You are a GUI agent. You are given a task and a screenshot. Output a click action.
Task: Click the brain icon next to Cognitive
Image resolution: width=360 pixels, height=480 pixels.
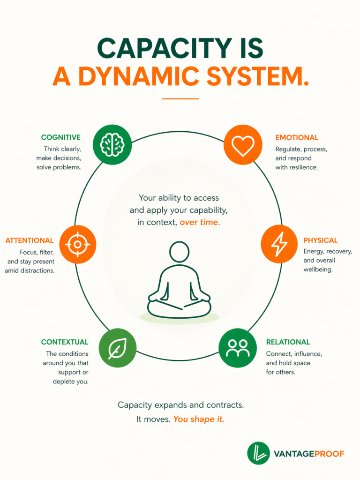(x=112, y=144)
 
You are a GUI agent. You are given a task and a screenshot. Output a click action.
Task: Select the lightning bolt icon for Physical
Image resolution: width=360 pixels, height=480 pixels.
(x=279, y=244)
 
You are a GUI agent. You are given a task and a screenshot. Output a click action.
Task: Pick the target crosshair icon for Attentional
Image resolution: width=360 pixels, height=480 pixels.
(x=77, y=244)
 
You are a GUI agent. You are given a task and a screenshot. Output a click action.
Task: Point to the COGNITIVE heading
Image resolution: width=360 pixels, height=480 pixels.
(x=60, y=137)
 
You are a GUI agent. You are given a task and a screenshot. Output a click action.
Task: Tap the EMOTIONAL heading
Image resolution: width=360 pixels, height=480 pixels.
(x=297, y=138)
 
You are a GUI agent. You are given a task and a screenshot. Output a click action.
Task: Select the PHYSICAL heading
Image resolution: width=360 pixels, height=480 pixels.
(x=320, y=240)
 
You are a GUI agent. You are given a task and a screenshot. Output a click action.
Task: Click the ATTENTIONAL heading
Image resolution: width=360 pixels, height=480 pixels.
(x=30, y=240)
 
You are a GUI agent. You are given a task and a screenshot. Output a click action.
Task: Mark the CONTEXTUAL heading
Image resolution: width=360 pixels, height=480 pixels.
(x=64, y=342)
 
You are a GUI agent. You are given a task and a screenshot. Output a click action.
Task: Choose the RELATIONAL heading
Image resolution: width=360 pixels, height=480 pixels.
(x=288, y=342)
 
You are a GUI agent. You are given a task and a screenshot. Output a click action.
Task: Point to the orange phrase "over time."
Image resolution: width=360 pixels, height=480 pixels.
(x=200, y=223)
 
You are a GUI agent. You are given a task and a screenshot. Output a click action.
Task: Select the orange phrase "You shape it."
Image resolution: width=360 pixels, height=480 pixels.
(x=199, y=419)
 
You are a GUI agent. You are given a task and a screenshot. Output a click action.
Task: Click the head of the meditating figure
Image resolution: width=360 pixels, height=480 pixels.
(x=179, y=252)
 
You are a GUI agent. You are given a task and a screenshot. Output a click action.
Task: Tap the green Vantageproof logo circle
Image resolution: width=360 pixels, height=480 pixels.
(x=258, y=453)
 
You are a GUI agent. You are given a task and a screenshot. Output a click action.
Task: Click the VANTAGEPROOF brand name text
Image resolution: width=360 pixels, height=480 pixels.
(x=309, y=454)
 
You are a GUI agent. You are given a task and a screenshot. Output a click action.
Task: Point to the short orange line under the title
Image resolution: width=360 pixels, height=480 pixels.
(x=180, y=98)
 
